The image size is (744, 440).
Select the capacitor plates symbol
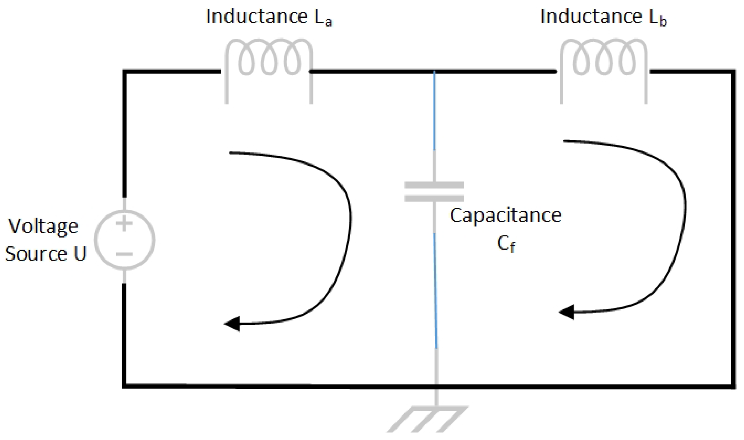coord(434,192)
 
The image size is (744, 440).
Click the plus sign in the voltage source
coord(124,224)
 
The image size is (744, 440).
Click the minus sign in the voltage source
coord(124,254)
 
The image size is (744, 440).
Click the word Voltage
coord(43,227)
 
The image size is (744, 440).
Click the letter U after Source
coord(80,254)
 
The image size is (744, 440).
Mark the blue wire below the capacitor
coord(436,291)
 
